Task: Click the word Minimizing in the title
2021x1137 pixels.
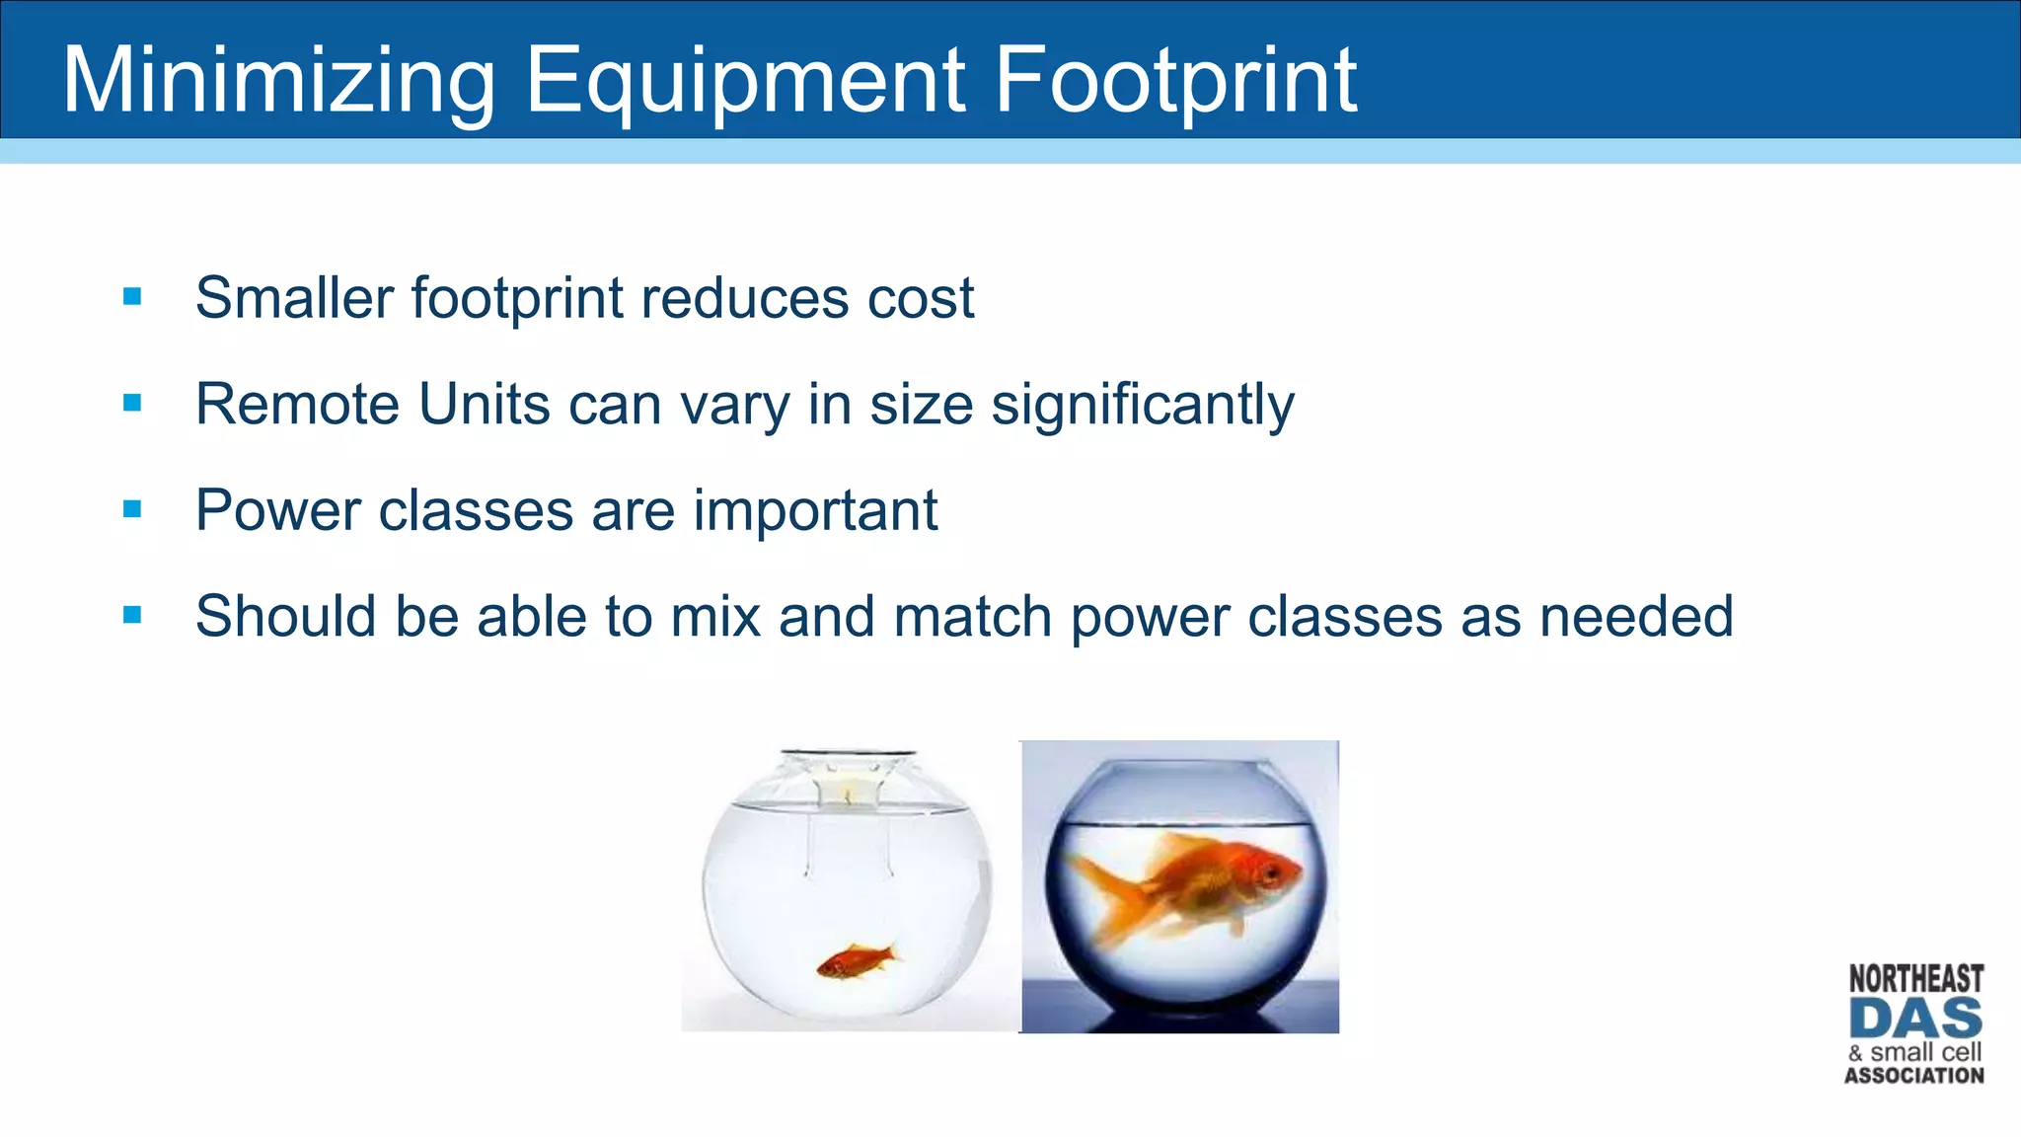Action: click(278, 82)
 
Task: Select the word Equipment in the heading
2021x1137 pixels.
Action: click(744, 82)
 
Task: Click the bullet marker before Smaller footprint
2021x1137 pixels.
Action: click(132, 297)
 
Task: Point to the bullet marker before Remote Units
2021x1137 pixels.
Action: click(132, 403)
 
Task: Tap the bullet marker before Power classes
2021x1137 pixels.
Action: click(132, 509)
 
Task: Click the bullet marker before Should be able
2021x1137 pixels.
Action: click(132, 616)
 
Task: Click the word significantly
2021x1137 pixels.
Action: click(1142, 405)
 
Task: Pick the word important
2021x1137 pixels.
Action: click(814, 510)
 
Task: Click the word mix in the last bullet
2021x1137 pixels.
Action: click(715, 617)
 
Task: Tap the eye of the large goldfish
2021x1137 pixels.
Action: click(1272, 872)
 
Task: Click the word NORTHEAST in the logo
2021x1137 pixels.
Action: click(1915, 979)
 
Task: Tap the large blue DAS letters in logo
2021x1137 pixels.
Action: click(1915, 1020)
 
